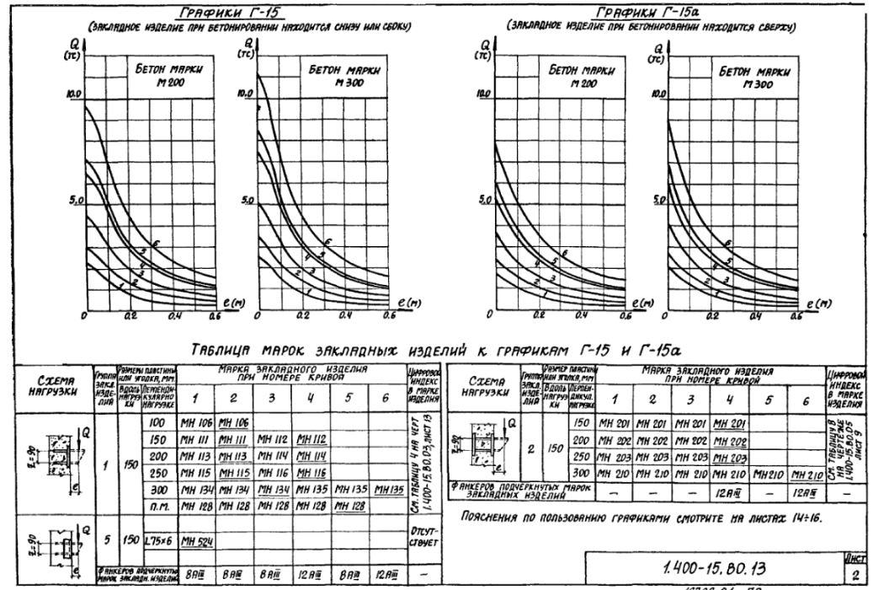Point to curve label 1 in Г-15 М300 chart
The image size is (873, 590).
310,291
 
